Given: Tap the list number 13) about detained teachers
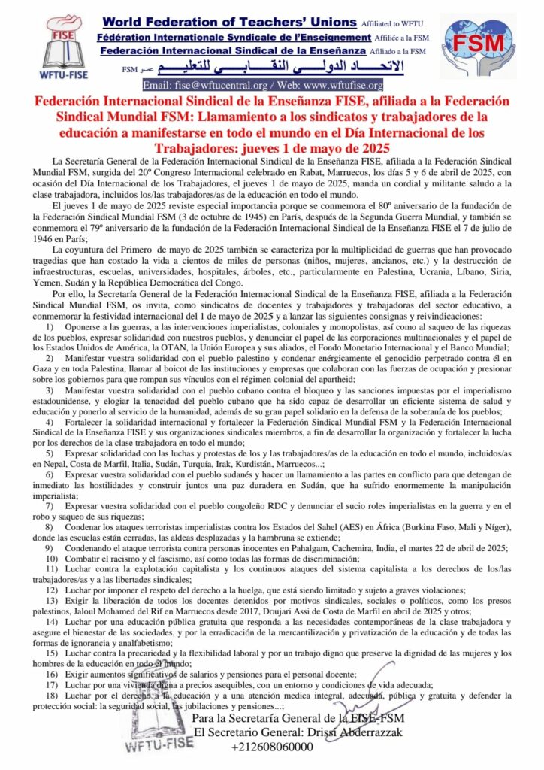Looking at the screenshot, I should point(51,601).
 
